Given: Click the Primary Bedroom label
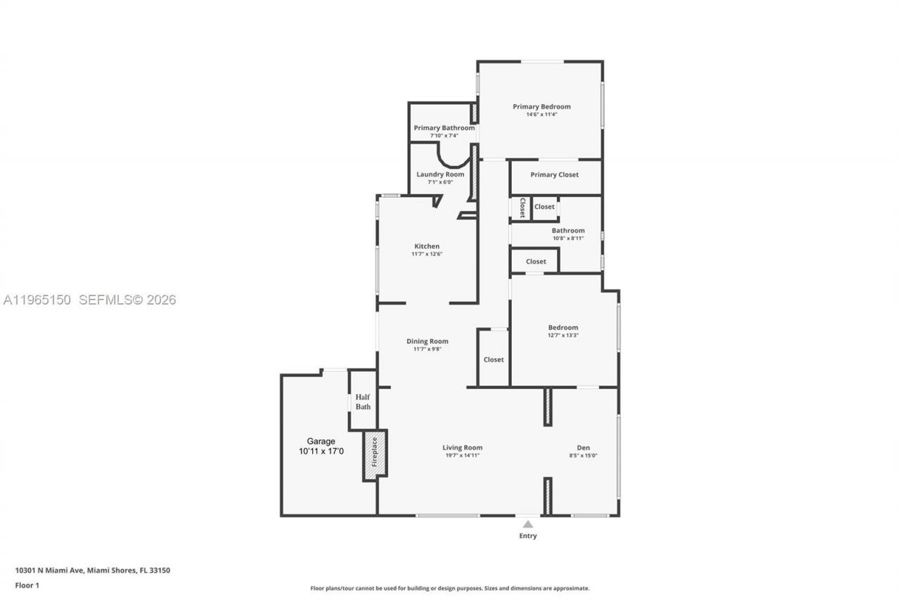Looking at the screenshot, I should point(541,107).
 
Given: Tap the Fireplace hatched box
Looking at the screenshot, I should point(374,455).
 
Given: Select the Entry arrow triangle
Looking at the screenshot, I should point(527,524).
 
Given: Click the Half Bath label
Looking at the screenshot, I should point(363,402).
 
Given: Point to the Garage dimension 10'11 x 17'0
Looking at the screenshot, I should point(321,452).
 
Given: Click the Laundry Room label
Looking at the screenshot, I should point(440,174).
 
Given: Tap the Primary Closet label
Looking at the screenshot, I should point(554,174).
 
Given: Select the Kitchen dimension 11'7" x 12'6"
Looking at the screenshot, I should point(427,254).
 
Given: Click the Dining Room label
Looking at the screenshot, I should point(427,341).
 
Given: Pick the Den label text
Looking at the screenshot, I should point(583,447).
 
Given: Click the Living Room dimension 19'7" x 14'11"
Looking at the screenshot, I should point(462,455).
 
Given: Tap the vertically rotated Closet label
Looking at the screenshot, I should point(522,208).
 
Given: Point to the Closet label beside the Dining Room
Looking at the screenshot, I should point(494,359).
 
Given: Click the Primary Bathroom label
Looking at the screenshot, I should point(444,128).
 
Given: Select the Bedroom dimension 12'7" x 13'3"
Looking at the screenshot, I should point(563,335).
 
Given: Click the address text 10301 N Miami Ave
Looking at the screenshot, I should point(50,570).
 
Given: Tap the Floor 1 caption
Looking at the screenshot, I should point(27,585).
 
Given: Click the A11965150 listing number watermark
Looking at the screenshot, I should point(37,300).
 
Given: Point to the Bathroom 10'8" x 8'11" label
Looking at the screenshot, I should point(567,234).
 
